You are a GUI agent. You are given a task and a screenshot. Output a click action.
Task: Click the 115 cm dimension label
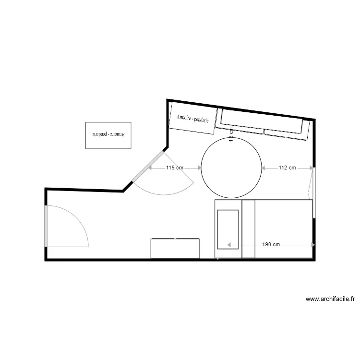click(x=175, y=168)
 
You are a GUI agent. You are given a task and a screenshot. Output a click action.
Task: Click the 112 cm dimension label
click(x=287, y=168)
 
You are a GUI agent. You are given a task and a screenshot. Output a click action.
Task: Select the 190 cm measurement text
click(x=271, y=244)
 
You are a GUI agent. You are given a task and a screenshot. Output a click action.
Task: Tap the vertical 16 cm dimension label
click(x=231, y=134)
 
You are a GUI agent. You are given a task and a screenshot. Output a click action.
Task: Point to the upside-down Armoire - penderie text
click(x=108, y=134)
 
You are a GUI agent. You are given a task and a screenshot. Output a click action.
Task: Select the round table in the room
click(x=232, y=168)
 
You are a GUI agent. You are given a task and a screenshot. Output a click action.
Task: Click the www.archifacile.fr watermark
click(x=330, y=299)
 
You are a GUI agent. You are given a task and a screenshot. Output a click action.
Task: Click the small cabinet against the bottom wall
click(x=175, y=248)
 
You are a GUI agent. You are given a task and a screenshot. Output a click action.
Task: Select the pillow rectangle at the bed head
click(x=228, y=229)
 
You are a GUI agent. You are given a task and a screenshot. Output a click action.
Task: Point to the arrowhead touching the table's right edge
click(x=265, y=168)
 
